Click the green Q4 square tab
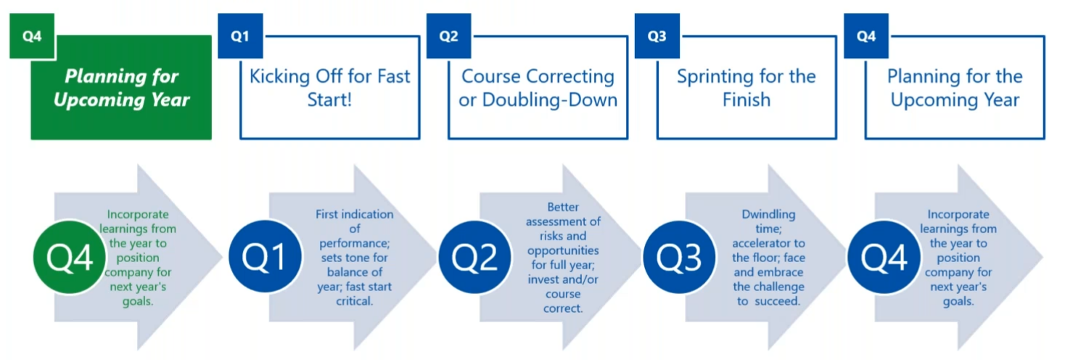(32, 36)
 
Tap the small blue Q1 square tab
(240, 36)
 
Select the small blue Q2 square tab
(449, 36)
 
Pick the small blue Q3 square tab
(657, 36)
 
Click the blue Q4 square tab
(866, 36)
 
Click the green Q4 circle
(70, 257)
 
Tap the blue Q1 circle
(265, 257)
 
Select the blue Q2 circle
(474, 257)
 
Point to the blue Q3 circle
(679, 257)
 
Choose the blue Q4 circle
(884, 257)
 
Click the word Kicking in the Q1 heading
(279, 77)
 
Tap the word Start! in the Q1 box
(329, 100)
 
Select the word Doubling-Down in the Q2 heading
(550, 100)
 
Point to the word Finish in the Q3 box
(747, 100)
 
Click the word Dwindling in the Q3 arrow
(768, 215)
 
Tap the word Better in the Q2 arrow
(563, 207)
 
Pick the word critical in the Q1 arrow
(354, 301)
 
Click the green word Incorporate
(138, 215)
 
